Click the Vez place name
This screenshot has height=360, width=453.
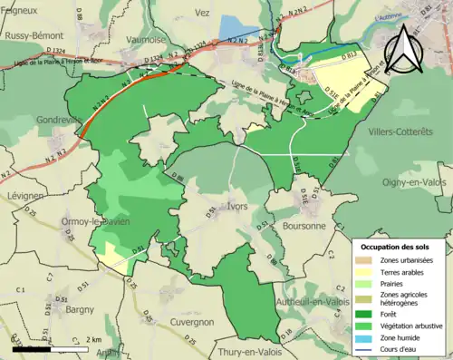201,14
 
